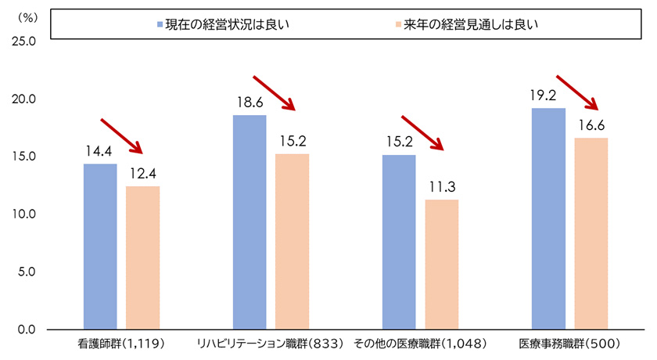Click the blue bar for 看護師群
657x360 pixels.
pos(100,246)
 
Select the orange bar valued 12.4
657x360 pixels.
pos(142,257)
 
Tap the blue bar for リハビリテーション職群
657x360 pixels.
pos(250,221)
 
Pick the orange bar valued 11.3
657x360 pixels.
pos(441,264)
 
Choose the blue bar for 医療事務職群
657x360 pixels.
pos(548,218)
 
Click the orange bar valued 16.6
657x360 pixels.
pos(591,233)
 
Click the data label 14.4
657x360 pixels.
pos(100,152)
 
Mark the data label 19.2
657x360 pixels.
pos(548,96)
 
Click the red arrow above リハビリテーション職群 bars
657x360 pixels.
pos(273,93)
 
